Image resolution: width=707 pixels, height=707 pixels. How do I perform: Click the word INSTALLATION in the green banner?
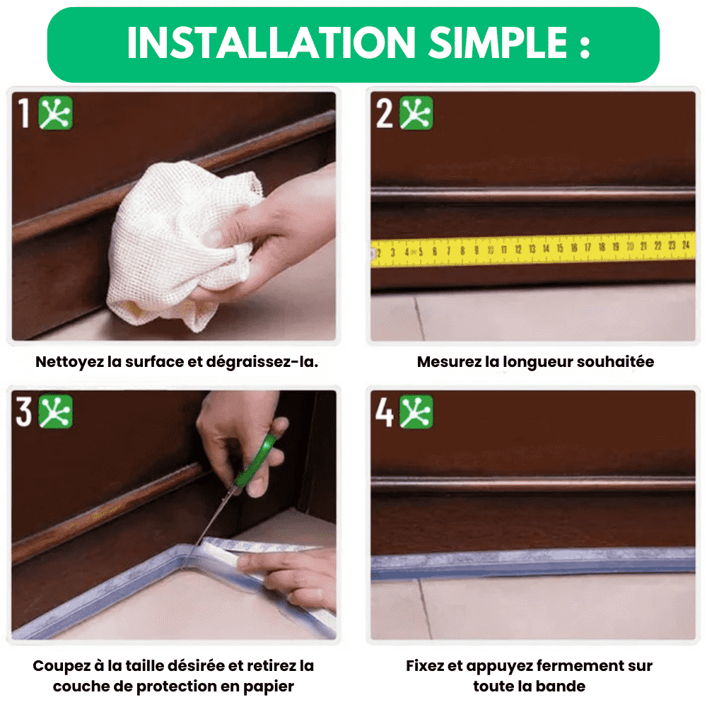tap(271, 43)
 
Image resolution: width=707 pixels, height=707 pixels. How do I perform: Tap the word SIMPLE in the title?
tap(498, 43)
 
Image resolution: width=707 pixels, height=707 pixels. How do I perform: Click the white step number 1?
tap(23, 113)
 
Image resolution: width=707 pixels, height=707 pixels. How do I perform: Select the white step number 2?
tap(385, 113)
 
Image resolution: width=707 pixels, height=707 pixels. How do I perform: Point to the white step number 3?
tap(24, 411)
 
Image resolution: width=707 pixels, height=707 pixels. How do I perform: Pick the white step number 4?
tap(385, 411)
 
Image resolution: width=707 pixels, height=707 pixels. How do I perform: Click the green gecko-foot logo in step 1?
tap(55, 112)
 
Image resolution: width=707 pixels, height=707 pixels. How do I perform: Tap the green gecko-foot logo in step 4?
tap(416, 411)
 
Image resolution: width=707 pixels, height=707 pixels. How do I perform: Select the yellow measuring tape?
tap(533, 250)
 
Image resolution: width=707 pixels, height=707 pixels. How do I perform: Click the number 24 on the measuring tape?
tap(686, 245)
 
